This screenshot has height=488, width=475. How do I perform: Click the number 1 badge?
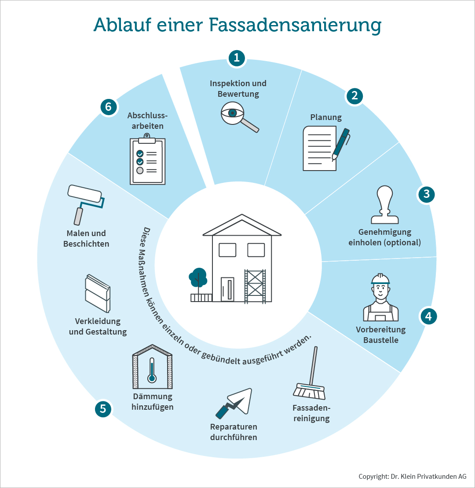[x=237, y=58]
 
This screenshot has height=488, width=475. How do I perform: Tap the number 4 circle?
[x=429, y=317]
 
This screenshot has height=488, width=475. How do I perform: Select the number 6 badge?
[x=108, y=107]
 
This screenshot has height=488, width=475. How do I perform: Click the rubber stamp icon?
[x=385, y=204]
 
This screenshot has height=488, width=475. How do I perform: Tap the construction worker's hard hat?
[x=380, y=279]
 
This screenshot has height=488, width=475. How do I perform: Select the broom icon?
[x=309, y=373]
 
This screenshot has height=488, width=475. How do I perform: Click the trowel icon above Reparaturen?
[x=234, y=403]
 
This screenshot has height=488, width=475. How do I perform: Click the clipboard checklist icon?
[x=147, y=159]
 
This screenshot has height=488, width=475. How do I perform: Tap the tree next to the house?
[x=198, y=277]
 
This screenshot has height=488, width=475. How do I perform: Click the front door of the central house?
[x=227, y=289]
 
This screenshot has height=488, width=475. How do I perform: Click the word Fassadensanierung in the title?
[x=295, y=25]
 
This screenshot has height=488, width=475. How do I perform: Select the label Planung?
[x=326, y=117]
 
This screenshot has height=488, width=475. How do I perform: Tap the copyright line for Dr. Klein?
[x=413, y=477]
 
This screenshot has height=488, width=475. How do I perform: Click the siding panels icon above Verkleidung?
[x=98, y=293]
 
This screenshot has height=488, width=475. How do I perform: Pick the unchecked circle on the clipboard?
[x=140, y=170]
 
